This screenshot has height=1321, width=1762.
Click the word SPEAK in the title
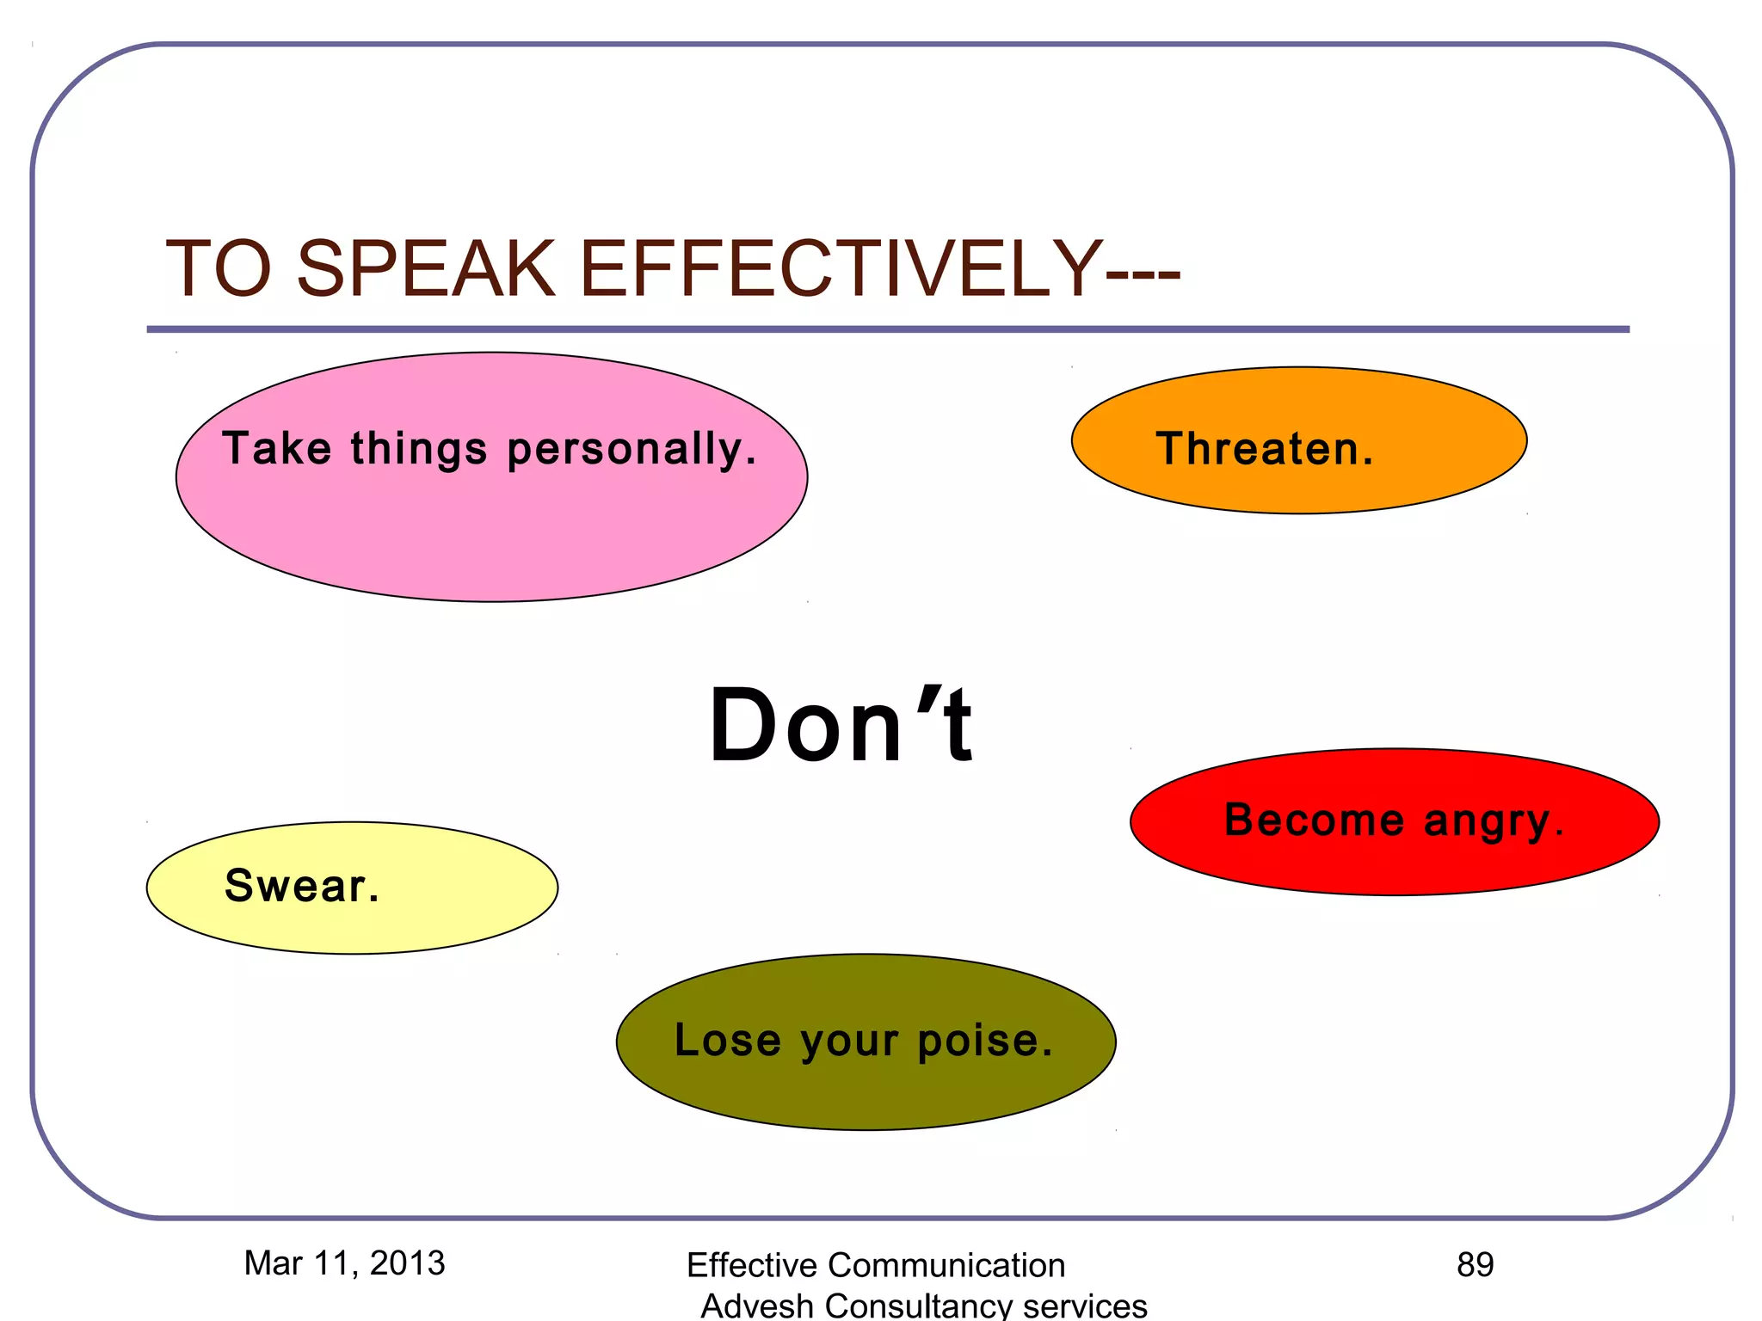click(426, 268)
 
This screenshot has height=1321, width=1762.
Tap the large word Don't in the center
click(841, 725)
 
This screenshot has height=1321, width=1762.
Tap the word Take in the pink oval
click(276, 449)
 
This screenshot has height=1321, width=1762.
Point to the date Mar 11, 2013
click(344, 1263)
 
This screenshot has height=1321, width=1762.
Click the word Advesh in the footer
click(756, 1306)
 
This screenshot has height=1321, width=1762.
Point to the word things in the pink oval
click(419, 449)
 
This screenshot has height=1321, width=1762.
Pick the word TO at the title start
click(219, 268)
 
